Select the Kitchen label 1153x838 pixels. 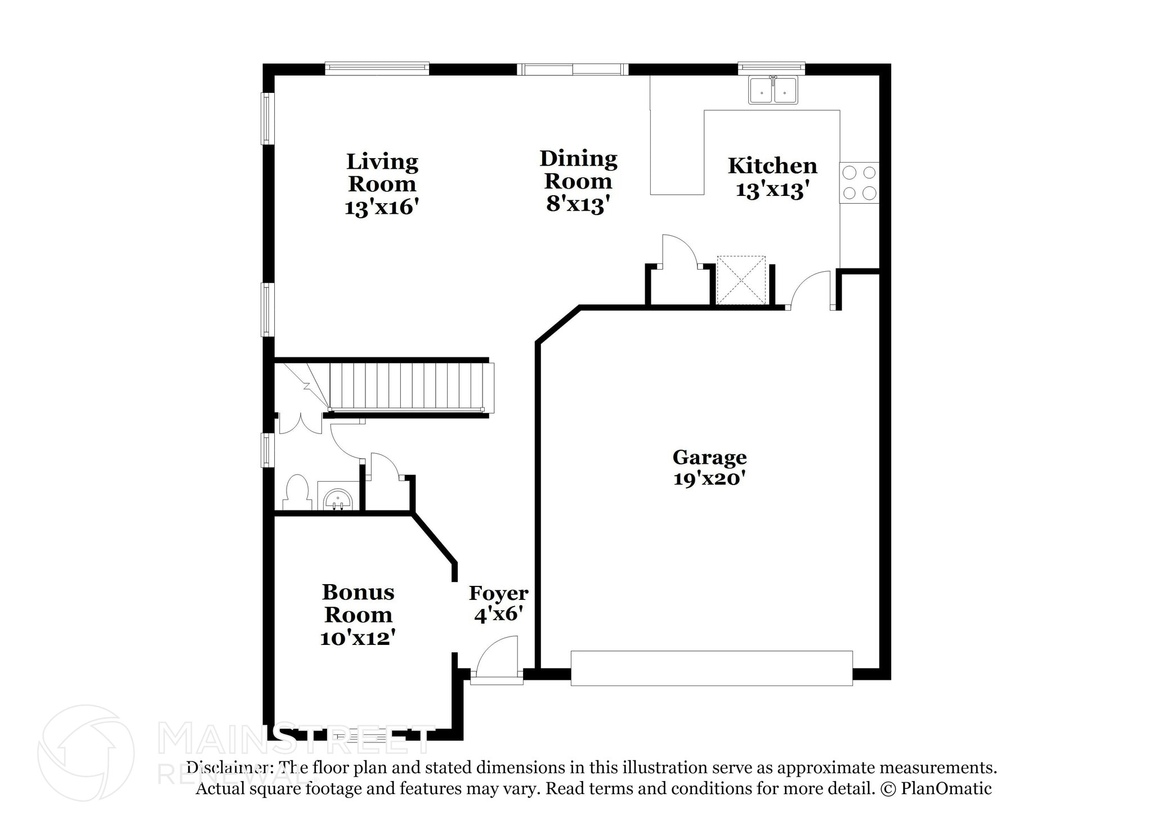pyautogui.click(x=772, y=166)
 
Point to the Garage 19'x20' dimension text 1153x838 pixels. pyautogui.click(x=709, y=479)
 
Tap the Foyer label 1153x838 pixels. pyautogui.click(x=498, y=593)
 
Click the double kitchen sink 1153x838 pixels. pyautogui.click(x=772, y=91)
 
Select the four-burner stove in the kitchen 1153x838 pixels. pyautogui.click(x=859, y=182)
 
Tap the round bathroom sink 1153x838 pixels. pyautogui.click(x=338, y=499)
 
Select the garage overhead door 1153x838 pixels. pyautogui.click(x=711, y=668)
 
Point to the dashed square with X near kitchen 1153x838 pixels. pyautogui.click(x=741, y=280)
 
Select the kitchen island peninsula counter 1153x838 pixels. pyautogui.click(x=677, y=152)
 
